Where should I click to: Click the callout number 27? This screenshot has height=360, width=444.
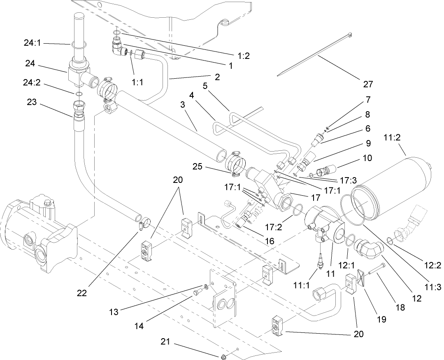[368, 84]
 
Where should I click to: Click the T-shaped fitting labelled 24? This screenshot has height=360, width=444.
[78, 74]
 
